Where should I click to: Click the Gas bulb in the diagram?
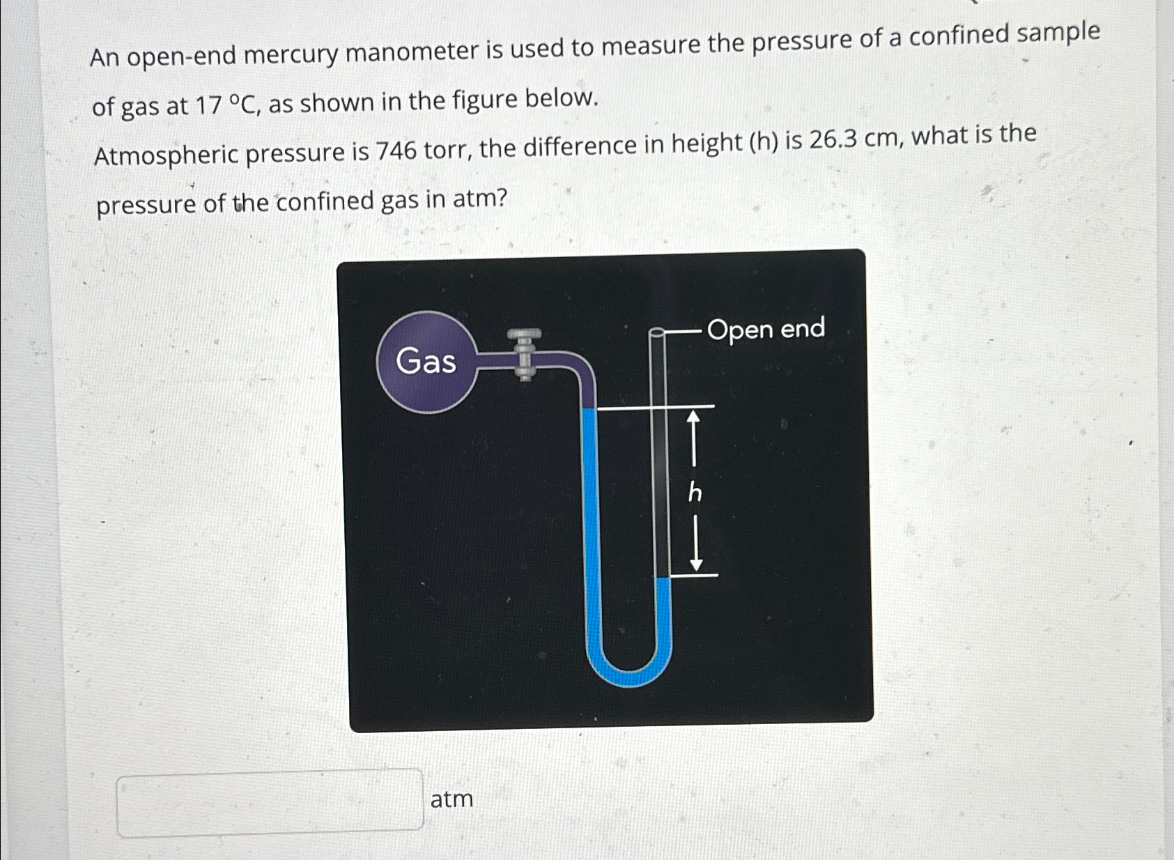[x=426, y=362]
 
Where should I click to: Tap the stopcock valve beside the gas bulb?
[x=525, y=354]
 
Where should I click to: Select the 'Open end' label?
[x=766, y=328]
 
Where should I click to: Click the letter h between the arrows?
[x=695, y=493]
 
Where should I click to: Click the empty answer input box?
[x=270, y=802]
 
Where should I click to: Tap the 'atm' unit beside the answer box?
[x=451, y=799]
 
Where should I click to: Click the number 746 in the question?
[x=396, y=150]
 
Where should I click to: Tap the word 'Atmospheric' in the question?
[x=167, y=154]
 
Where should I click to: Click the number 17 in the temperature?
[x=208, y=106]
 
